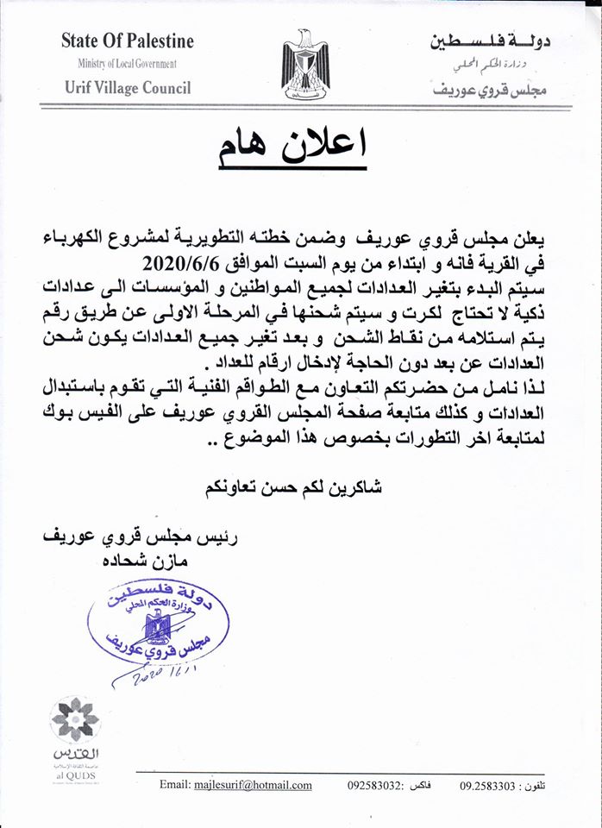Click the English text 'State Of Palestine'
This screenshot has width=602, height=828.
[128, 41]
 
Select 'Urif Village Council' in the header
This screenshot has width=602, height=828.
[128, 87]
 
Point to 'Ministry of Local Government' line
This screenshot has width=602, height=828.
[127, 64]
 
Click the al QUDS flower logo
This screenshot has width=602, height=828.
[75, 720]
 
